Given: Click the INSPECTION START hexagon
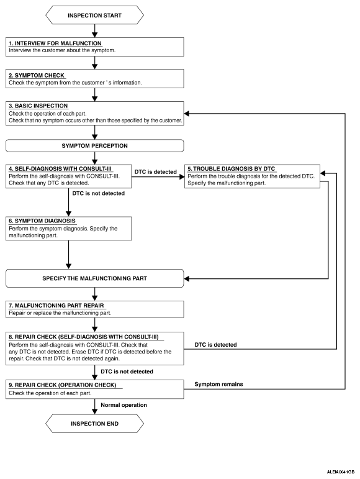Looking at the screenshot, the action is pos(94,15).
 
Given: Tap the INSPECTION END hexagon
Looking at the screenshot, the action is pos(94,424).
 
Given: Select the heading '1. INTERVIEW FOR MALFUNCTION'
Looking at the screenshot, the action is pos(55,43).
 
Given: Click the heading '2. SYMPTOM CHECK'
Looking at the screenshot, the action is pos(37,75).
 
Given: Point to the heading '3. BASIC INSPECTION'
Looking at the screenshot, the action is pos(38,106).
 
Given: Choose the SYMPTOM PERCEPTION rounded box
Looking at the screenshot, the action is pos(94,146).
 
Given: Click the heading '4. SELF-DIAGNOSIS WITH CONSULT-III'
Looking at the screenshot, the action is pos(60,168).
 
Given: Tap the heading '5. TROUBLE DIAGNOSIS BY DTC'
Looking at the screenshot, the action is pos(232,168).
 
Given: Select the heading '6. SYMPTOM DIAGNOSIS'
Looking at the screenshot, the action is pos(42,221).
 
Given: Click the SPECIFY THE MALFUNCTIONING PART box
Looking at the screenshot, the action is pos(94,278).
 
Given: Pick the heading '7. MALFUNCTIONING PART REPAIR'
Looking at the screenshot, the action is pos(56,306).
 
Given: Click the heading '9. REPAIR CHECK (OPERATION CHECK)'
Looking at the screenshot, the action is pos(63,385).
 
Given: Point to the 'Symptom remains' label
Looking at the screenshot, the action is pos(218,384).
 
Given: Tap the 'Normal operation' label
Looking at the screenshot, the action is pos(124,405).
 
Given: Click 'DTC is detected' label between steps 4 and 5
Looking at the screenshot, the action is pos(156,171).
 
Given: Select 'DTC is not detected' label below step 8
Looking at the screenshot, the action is pos(127,372).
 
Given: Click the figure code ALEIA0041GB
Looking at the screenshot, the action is pos(341,472).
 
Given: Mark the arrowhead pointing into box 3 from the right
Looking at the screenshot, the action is pos(187,114).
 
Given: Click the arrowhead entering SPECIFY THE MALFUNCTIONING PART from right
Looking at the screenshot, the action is pos(187,278).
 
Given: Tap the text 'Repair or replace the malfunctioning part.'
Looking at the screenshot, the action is pos(60,313).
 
